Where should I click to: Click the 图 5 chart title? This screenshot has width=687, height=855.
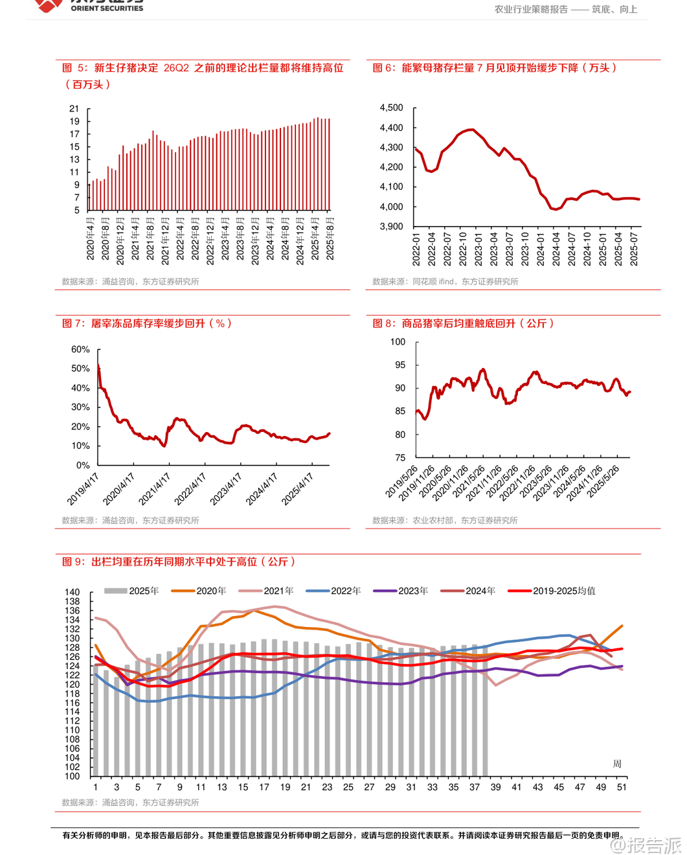click(203, 68)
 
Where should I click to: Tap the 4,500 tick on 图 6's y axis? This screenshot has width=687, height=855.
click(391, 108)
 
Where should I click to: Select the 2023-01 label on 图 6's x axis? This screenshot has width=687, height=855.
click(479, 249)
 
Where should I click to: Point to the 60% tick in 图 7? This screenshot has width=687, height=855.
click(80, 349)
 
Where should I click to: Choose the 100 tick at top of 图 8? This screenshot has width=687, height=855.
click(398, 341)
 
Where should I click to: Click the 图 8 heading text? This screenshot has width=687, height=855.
click(463, 323)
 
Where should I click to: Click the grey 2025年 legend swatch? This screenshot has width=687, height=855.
click(115, 591)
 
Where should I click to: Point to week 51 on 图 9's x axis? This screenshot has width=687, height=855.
click(622, 787)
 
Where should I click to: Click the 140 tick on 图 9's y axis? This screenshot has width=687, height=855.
click(73, 592)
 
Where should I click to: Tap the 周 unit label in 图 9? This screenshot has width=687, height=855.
click(617, 764)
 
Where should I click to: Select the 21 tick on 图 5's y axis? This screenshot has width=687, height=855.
click(74, 109)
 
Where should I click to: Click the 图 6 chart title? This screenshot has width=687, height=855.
click(495, 68)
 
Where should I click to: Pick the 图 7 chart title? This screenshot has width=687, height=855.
click(146, 323)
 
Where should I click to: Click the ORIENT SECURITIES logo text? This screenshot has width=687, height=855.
click(107, 8)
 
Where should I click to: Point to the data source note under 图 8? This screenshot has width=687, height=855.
click(445, 520)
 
